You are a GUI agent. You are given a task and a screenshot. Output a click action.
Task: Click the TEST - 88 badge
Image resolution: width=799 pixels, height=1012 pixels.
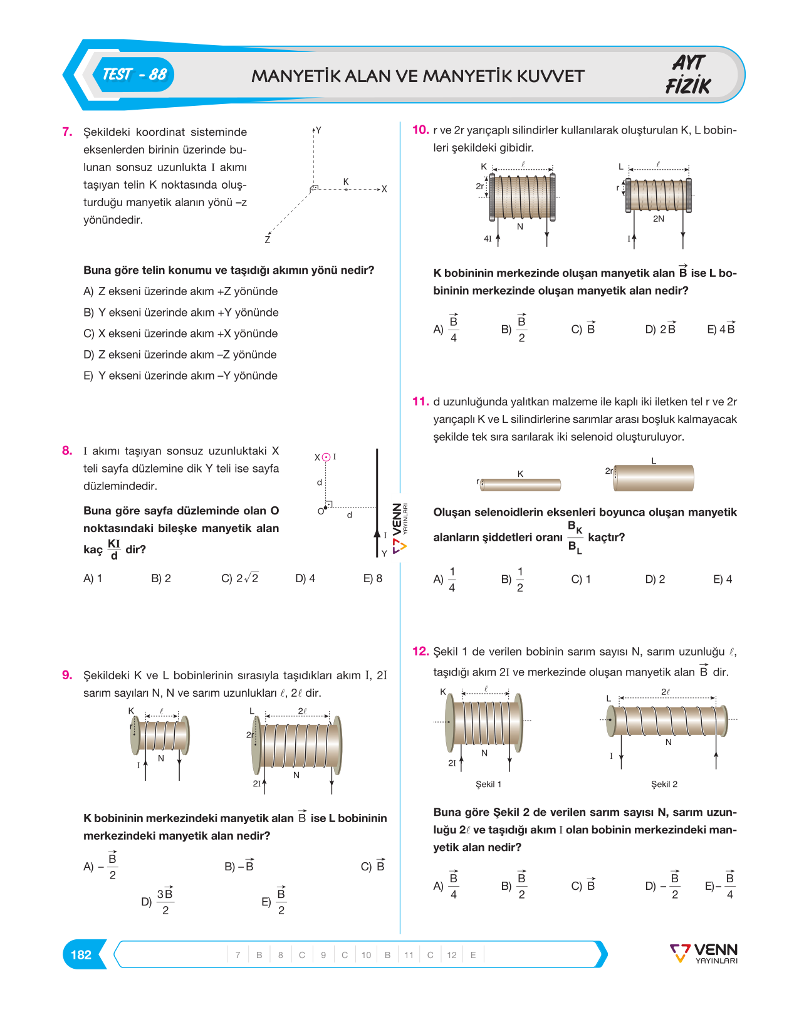pos(133,75)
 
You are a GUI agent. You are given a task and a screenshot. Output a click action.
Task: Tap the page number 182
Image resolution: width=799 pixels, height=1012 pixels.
pos(81,954)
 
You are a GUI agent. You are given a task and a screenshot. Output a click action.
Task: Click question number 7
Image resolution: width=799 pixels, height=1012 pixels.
pos(67,132)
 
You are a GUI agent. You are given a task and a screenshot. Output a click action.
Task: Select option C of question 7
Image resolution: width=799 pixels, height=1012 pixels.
pos(180,333)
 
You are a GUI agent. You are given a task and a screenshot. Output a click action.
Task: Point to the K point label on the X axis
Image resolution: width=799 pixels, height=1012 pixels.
pos(346,182)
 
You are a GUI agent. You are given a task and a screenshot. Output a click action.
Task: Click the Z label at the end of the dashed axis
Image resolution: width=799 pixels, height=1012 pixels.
pos(267,240)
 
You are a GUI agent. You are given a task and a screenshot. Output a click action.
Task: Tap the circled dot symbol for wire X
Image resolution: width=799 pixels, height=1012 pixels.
pos(326,457)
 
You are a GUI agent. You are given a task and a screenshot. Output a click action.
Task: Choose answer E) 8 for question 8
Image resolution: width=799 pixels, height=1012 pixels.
pos(373,578)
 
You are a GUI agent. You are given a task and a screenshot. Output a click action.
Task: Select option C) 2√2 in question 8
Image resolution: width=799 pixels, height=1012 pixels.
pos(240,578)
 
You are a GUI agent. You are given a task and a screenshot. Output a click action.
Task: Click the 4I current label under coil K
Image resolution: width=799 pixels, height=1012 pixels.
pos(488,239)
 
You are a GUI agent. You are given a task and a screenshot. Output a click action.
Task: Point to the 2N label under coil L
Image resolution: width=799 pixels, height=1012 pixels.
pos(659,219)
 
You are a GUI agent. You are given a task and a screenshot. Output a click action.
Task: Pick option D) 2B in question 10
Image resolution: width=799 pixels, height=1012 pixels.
pos(661,328)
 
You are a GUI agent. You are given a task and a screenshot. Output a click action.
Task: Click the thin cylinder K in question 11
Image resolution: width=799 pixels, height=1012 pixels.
pos(521,484)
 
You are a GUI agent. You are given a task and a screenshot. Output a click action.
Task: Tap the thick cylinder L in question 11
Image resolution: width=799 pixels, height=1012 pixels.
pos(654,477)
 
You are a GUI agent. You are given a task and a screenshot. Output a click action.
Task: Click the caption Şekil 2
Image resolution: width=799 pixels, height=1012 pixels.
pos(664,784)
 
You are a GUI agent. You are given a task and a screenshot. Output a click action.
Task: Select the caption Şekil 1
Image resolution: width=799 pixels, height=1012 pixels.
pos(488,784)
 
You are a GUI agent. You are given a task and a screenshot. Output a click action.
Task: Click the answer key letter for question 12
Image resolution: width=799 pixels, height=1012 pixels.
pos(473,955)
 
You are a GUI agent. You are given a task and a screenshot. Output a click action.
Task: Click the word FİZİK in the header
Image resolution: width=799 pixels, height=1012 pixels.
pos(687,86)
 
